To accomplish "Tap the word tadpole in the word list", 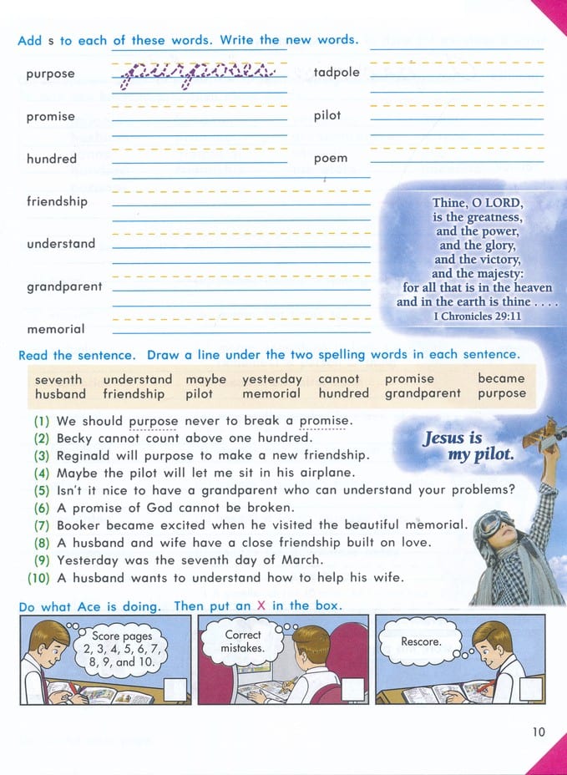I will (x=337, y=73).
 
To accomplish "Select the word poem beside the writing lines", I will (x=331, y=159).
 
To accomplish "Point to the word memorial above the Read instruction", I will (x=55, y=329).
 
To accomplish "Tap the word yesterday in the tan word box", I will (x=271, y=379).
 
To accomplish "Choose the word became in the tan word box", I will (x=501, y=378).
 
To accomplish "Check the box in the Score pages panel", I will (x=175, y=689).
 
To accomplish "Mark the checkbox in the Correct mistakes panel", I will (x=353, y=689).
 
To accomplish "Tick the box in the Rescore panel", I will (x=530, y=689).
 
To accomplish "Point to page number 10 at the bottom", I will (x=538, y=732).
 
